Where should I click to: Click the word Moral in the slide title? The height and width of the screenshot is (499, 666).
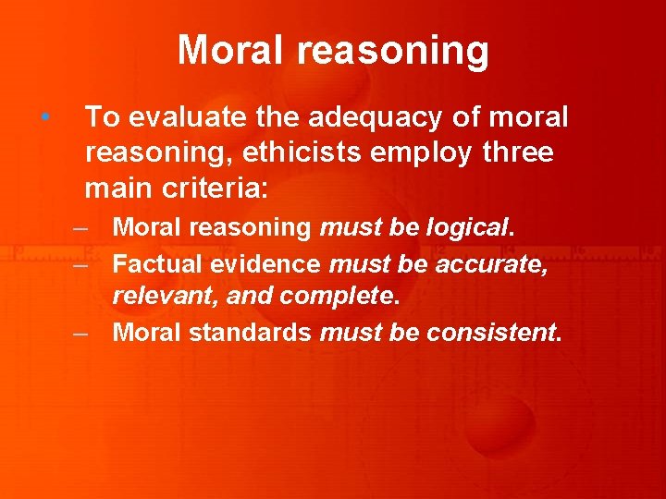tap(234, 50)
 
